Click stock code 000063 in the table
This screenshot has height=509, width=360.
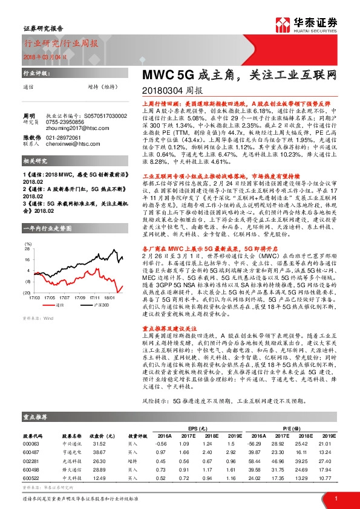[x=31, y=444]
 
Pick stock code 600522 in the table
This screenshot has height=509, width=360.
[x=31, y=479]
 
